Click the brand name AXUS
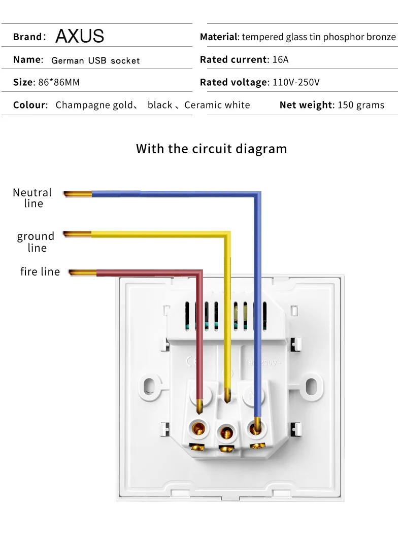click(x=80, y=36)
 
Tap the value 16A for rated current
click(x=280, y=60)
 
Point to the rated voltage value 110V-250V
click(x=296, y=82)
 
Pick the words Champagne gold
click(x=94, y=105)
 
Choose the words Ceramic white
click(x=217, y=105)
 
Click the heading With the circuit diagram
click(x=211, y=149)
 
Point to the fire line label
click(x=40, y=272)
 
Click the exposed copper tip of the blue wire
click(x=78, y=193)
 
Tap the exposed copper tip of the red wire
click(x=82, y=273)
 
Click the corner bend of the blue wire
click(x=257, y=195)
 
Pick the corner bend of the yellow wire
click(x=227, y=235)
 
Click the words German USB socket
click(x=95, y=60)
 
